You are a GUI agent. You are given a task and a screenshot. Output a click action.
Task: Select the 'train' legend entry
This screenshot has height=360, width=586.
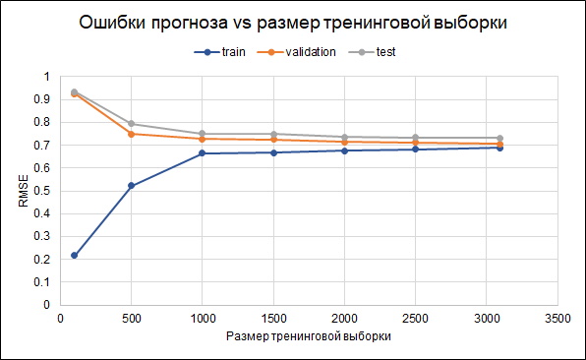(227, 52)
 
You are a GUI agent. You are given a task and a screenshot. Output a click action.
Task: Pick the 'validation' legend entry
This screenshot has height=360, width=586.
(306, 52)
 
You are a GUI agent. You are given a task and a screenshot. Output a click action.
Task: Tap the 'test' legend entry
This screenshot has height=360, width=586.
(384, 52)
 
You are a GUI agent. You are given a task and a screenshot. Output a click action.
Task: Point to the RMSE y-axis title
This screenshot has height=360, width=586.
(24, 190)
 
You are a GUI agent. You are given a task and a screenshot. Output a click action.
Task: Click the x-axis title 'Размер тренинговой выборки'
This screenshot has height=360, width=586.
(309, 336)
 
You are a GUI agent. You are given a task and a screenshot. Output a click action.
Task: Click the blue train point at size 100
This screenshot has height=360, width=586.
(75, 256)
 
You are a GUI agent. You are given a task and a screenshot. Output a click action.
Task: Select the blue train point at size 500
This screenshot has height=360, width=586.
(131, 186)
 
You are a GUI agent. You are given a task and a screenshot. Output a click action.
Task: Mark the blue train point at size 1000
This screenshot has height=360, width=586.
(202, 153)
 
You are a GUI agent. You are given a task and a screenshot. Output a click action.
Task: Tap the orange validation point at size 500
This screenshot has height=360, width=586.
(131, 134)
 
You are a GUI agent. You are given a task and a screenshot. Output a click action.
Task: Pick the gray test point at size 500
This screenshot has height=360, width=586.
(131, 124)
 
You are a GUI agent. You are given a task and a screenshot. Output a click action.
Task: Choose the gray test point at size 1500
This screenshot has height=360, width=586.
(273, 134)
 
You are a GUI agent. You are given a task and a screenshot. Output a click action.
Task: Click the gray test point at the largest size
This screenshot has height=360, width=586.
(500, 139)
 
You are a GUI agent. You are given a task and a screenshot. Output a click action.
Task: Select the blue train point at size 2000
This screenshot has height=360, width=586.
(344, 150)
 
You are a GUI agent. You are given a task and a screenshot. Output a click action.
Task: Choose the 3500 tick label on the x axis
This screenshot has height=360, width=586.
(557, 319)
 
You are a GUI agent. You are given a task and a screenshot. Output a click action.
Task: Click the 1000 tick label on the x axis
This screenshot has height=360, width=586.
(202, 319)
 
